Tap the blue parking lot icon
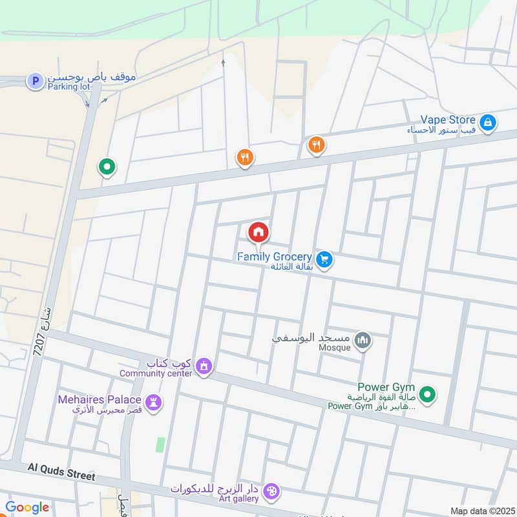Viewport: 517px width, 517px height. coord(34,81)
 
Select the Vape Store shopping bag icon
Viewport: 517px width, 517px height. coord(488,121)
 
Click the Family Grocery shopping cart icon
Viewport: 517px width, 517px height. coord(324,259)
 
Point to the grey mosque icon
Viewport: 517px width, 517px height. coord(363,341)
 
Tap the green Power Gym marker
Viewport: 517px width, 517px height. coord(427,393)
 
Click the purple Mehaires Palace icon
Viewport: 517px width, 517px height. coord(154,401)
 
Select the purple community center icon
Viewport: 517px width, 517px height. coord(204,366)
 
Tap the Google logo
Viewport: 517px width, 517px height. coord(26,507)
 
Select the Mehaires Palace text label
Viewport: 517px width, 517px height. coord(100,399)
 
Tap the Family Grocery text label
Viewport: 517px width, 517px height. coord(274,257)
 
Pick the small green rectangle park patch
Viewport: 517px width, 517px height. coord(160,445)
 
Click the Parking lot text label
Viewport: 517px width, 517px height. coord(67,86)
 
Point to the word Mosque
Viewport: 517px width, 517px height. coord(333,347)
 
